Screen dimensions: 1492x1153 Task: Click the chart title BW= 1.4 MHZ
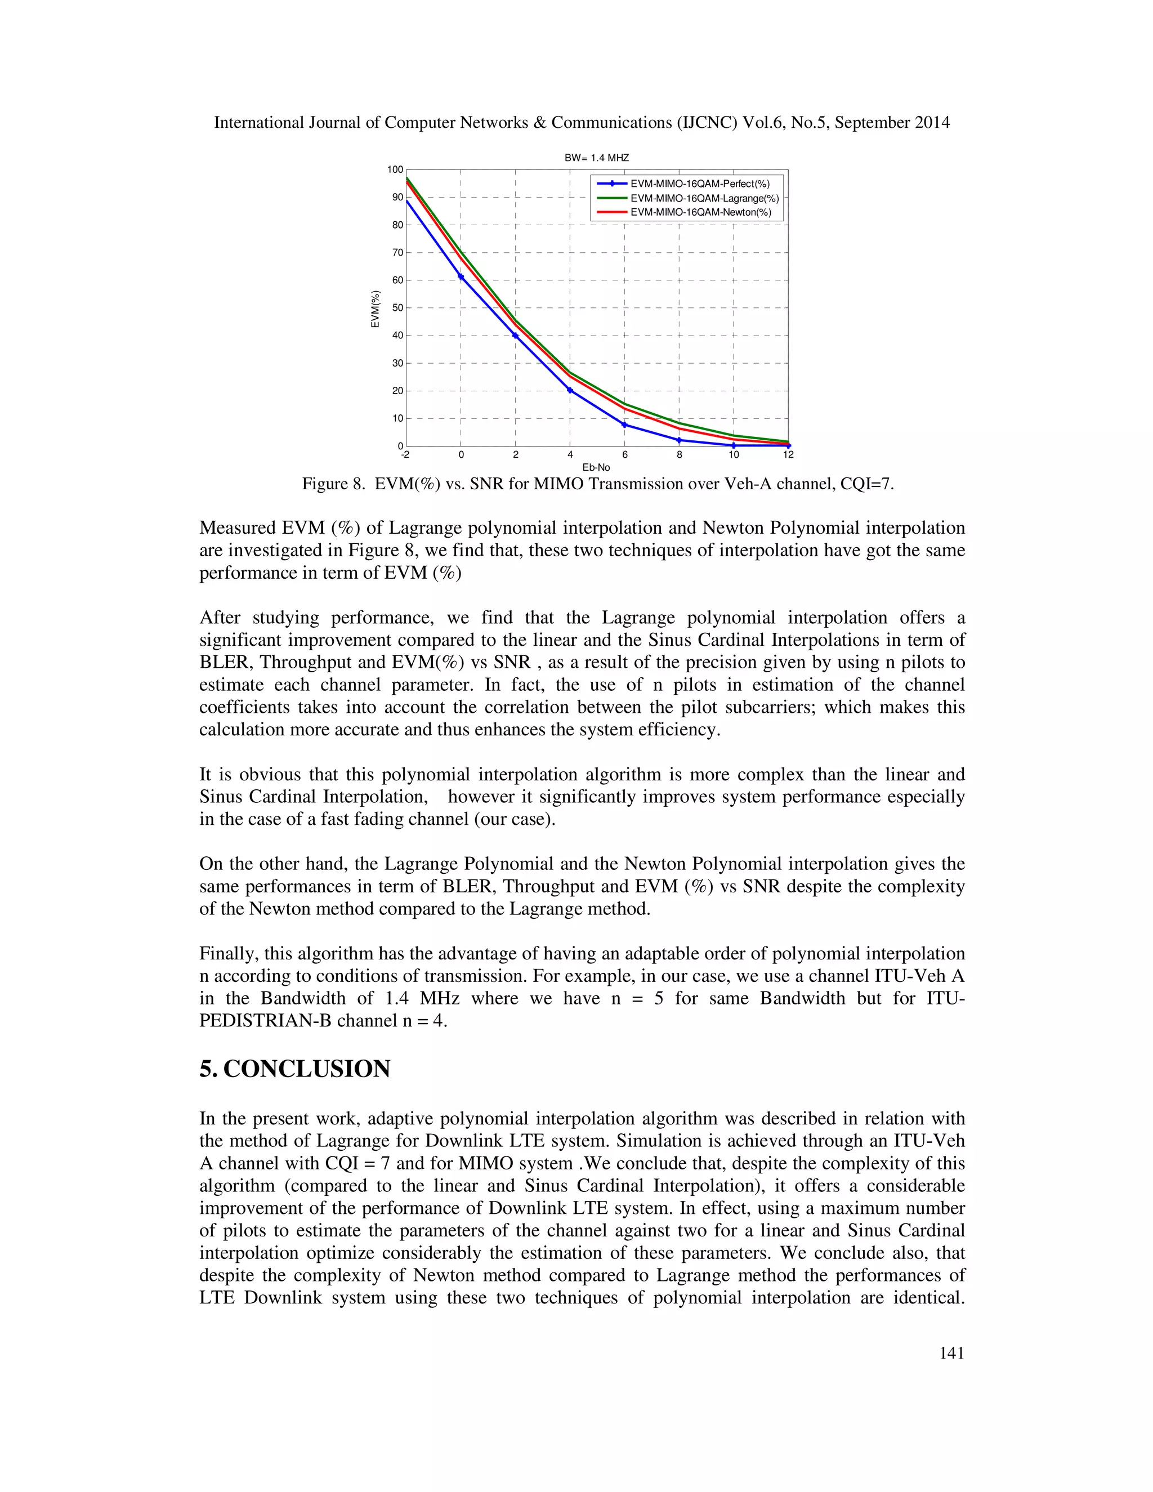pyautogui.click(x=596, y=158)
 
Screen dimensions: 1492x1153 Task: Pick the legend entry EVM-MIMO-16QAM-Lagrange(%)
pyautogui.click(x=704, y=198)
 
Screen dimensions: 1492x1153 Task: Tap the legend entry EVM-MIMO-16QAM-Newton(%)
pyautogui.click(x=700, y=212)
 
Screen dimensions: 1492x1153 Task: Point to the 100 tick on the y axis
pyautogui.click(x=395, y=169)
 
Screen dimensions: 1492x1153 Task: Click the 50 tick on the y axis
pyautogui.click(x=397, y=308)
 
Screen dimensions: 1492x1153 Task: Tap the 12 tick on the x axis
pyautogui.click(x=788, y=455)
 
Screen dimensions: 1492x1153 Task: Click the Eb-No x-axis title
pyautogui.click(x=596, y=467)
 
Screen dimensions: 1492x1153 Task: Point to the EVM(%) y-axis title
pyautogui.click(x=375, y=309)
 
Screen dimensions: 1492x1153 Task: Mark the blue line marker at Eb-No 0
pyautogui.click(x=461, y=276)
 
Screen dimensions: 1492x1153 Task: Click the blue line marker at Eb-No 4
pyautogui.click(x=570, y=390)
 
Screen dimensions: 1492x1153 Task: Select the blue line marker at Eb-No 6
pyautogui.click(x=624, y=425)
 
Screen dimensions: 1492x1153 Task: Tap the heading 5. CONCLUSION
pyautogui.click(x=294, y=1069)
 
